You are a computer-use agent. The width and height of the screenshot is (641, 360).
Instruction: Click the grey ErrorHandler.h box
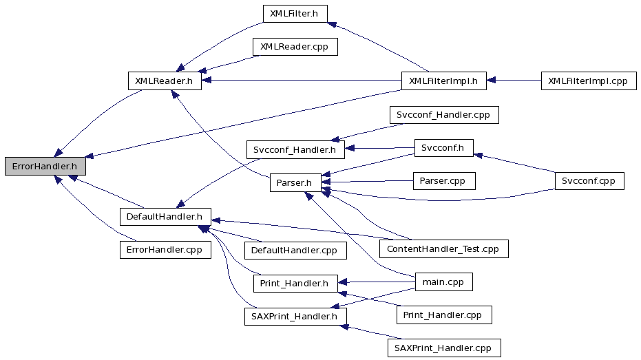coord(45,167)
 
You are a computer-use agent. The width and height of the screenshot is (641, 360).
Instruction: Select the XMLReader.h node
coord(165,81)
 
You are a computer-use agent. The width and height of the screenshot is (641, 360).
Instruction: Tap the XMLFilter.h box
coord(295,14)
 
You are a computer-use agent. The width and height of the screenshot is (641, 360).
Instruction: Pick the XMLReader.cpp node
coord(295,47)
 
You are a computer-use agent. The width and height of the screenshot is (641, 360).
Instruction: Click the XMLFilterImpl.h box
coord(444,81)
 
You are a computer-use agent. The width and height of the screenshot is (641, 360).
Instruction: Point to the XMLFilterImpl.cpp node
coord(589,81)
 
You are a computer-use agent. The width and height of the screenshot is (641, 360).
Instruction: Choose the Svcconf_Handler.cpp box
coord(444,115)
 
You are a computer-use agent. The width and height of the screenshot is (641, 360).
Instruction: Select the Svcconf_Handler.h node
coord(295,150)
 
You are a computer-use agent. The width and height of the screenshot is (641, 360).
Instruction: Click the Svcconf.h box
coord(444,148)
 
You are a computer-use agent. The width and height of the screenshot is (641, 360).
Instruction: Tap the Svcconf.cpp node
coord(589,181)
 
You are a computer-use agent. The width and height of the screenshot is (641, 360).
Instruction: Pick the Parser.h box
coord(295,182)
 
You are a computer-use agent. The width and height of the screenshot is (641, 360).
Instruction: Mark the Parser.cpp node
coord(444,181)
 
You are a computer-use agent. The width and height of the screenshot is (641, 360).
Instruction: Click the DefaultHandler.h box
coord(165,217)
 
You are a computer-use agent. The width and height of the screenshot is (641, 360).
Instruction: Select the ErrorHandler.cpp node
coord(165,250)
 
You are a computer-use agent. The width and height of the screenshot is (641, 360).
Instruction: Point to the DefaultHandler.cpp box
coord(295,250)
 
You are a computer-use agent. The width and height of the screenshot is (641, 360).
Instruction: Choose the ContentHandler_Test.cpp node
coord(444,249)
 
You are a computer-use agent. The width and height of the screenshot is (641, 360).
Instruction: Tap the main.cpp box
coord(444,282)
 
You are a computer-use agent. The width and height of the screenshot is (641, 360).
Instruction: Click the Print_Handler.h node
coord(295,284)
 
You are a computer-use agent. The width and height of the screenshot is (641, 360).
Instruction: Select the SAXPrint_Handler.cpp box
coord(444,348)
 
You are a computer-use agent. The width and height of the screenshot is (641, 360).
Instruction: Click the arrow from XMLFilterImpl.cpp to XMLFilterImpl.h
coord(514,81)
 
